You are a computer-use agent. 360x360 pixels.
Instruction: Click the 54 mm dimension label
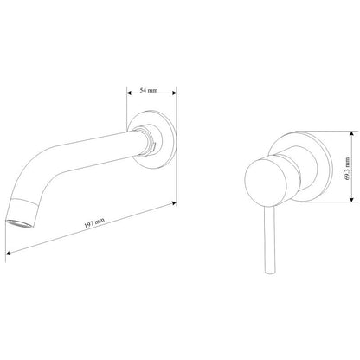point(149,90)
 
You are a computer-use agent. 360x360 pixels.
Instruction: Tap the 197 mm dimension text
point(94,222)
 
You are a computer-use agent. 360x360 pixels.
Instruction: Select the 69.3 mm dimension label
point(347,169)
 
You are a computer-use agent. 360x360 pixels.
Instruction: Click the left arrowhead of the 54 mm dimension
point(129,93)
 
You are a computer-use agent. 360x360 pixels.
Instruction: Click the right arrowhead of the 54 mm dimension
point(174,93)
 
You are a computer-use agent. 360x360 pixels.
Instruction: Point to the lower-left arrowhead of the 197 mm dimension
point(8,254)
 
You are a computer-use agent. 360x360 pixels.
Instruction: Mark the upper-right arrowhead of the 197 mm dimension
point(174,203)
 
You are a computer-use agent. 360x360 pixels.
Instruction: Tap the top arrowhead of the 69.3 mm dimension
point(351,133)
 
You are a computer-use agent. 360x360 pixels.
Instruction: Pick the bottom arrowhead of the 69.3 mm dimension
point(351,199)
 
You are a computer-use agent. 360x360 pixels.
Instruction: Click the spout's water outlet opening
point(20,224)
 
